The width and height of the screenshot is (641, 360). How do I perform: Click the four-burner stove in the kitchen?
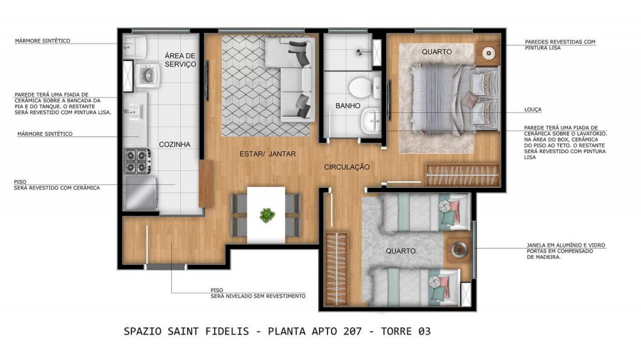(137, 161)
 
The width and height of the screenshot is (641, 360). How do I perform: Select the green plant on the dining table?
(267, 215)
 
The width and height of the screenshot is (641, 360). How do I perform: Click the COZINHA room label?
(174, 144)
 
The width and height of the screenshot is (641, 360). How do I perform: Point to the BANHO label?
(348, 106)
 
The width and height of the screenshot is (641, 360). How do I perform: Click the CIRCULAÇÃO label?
(347, 167)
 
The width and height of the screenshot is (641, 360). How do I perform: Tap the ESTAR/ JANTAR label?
(268, 154)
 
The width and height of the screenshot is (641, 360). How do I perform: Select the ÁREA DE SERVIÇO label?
(180, 60)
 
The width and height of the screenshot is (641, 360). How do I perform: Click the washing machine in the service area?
(147, 75)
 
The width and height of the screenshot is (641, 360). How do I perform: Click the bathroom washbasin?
(371, 121)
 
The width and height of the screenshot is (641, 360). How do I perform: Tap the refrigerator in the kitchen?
(141, 193)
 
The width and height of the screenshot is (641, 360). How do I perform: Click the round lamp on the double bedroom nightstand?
(488, 53)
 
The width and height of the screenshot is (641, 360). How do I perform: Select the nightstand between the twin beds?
(457, 249)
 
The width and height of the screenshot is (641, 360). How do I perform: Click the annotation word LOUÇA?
(533, 110)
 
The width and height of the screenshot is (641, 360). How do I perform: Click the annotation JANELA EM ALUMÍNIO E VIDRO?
(566, 245)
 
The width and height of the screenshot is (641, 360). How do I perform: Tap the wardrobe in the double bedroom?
(463, 176)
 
